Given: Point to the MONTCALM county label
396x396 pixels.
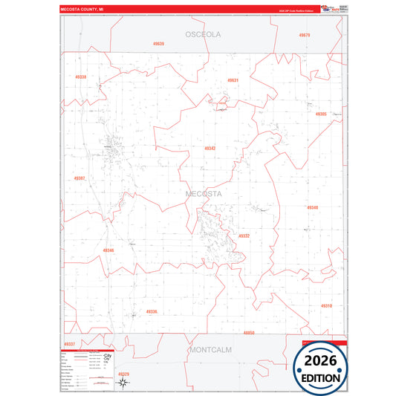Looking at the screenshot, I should coord(211,348).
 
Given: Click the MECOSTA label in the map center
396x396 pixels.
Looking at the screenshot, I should coord(204,194).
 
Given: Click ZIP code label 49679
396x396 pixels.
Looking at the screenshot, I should coord(304,35).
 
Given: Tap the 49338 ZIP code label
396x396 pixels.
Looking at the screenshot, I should coord(80,77).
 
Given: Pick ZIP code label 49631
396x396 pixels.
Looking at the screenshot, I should coord(233,80).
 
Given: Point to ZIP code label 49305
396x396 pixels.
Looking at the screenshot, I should coord(320,114).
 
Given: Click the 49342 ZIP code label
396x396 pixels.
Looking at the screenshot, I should coord(210,149).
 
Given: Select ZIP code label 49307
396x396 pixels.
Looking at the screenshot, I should coord(79,178).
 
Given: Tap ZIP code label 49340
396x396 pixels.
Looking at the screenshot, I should coord(312,208).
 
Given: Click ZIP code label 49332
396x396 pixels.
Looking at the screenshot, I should coord(244,236).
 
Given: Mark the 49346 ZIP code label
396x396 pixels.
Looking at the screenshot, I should coord(108,250).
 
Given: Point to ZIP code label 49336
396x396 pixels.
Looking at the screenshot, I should coord(152,311).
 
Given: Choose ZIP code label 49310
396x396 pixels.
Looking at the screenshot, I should coord(327,305).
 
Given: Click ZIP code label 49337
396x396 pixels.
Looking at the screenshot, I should coord(69,344).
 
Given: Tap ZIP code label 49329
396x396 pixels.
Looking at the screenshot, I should coord(123,374).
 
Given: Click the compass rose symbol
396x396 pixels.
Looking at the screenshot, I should coord(122,383).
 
